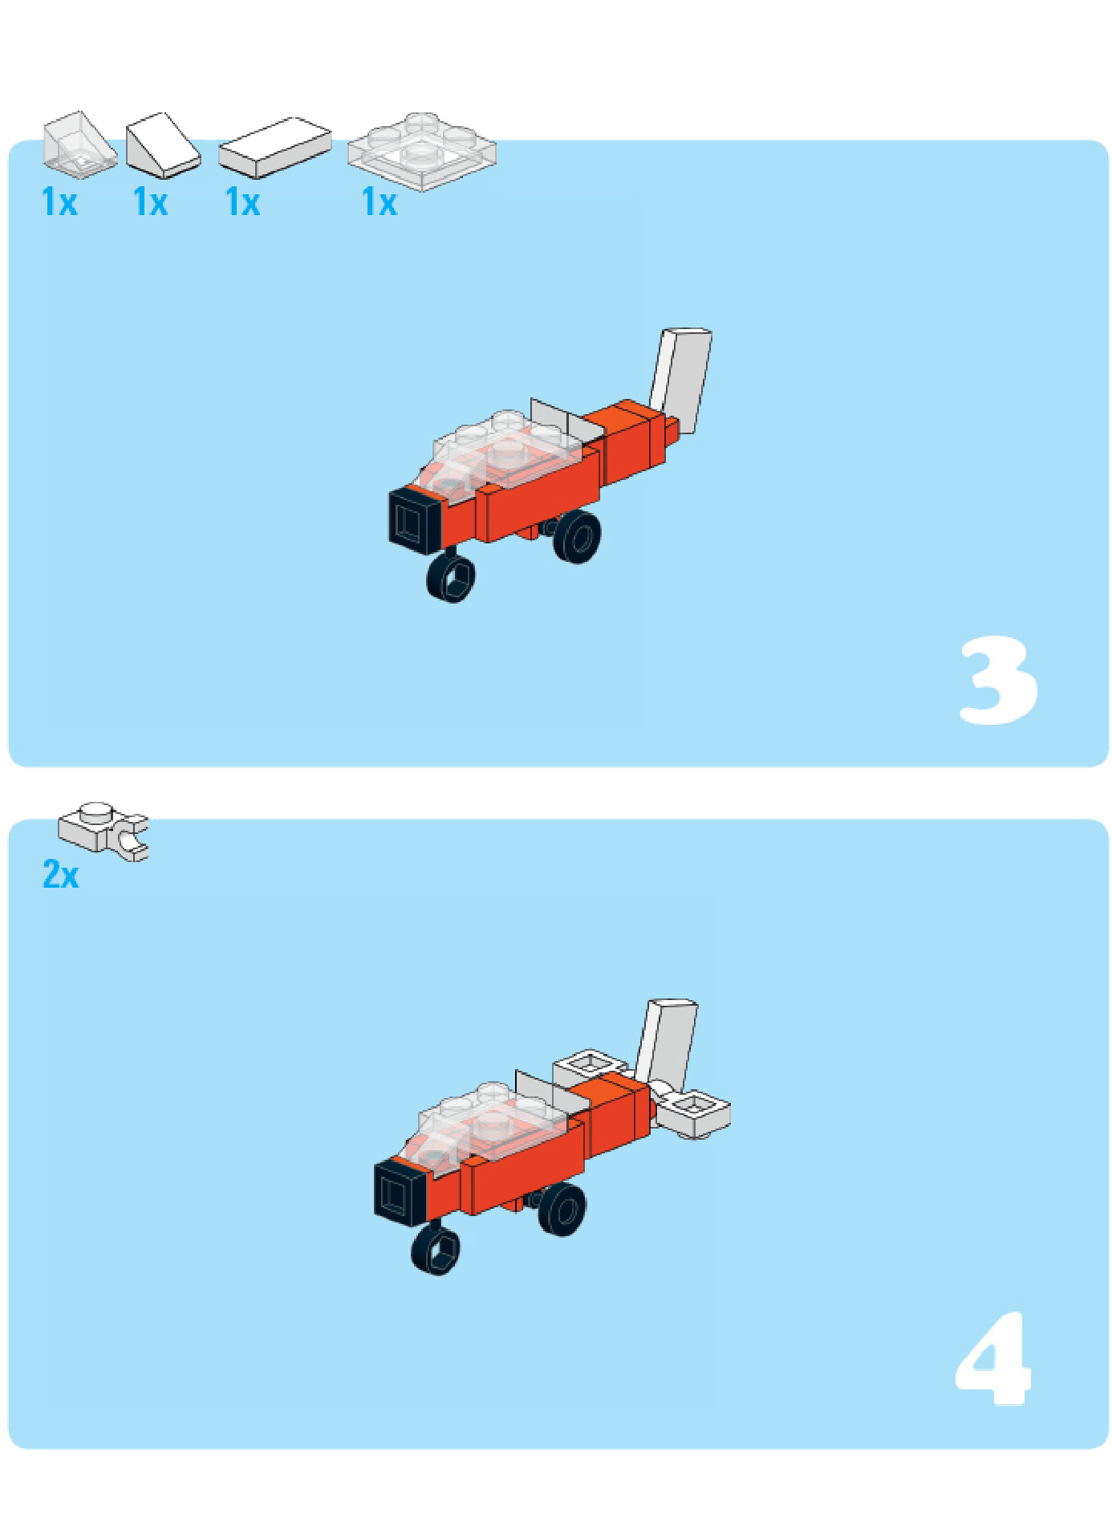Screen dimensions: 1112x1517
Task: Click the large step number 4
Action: [992, 1359]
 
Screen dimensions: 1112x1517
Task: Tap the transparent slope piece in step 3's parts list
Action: [79, 144]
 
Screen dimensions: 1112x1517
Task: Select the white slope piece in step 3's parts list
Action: [163, 145]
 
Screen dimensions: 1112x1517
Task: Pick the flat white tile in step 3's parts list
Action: [274, 148]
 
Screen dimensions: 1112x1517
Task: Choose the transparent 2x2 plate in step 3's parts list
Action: [422, 151]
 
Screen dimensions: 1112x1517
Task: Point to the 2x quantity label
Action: [61, 874]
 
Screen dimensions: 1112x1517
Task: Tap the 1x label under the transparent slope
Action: [59, 202]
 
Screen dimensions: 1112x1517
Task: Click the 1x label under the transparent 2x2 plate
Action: [379, 202]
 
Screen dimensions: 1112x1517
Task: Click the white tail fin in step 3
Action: [681, 379]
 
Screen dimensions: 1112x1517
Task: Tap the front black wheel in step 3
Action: [451, 577]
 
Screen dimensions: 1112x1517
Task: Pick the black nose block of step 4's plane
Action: [401, 1193]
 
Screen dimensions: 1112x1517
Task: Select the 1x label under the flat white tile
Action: [243, 202]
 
